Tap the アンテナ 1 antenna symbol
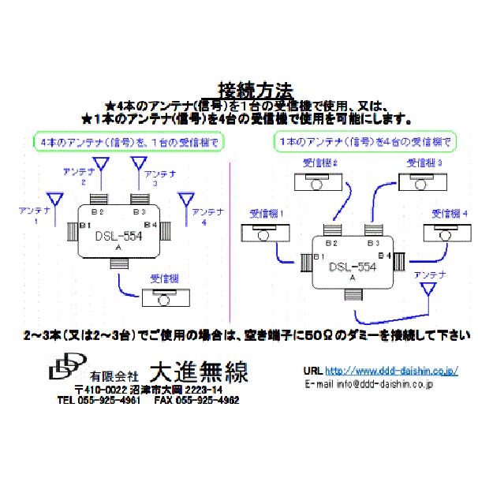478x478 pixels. (54, 199)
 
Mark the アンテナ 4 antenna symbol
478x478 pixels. (186, 199)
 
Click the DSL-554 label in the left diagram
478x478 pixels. (117, 235)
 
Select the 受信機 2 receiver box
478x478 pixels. (320, 183)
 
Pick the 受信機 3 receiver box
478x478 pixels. (423, 183)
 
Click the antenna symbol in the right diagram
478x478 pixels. (430, 291)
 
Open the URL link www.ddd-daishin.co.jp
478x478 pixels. (390, 369)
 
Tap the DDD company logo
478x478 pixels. (67, 368)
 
